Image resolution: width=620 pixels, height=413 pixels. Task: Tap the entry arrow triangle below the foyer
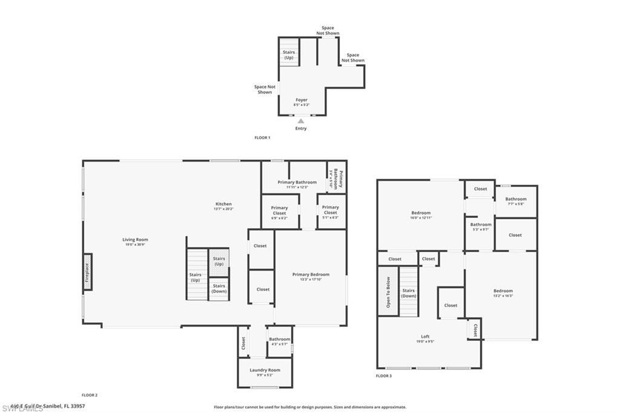tap(301, 121)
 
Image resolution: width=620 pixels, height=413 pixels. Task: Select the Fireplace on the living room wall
tap(87, 271)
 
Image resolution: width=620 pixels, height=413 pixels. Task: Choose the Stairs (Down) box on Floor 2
tap(219, 289)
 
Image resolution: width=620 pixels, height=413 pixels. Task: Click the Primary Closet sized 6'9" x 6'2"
tap(279, 211)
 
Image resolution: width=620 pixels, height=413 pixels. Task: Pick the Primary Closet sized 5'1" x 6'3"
tap(330, 211)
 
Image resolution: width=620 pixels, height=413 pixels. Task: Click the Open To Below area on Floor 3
tap(388, 292)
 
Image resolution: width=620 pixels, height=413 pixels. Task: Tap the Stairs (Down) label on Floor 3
tap(409, 293)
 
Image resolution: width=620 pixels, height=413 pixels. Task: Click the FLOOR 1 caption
tap(262, 138)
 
